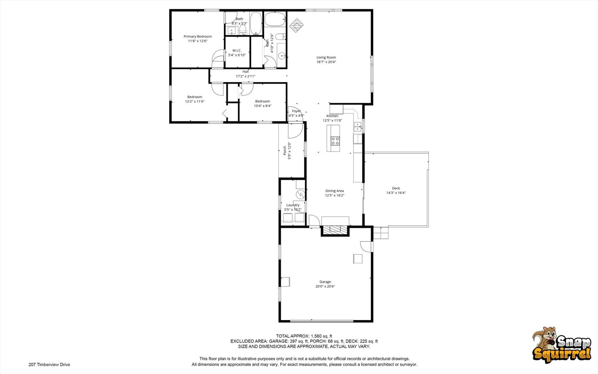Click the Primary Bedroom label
(x=197, y=36)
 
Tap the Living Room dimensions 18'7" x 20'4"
(x=326, y=62)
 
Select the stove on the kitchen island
(x=335, y=141)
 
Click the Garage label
(x=325, y=282)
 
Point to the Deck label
(x=396, y=188)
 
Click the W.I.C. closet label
(x=237, y=51)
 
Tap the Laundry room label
(x=293, y=205)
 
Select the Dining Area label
(x=334, y=191)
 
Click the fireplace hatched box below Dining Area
(x=335, y=229)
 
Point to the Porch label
(x=285, y=150)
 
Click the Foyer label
(x=296, y=111)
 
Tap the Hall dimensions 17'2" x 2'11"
(x=246, y=76)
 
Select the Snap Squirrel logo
(x=562, y=345)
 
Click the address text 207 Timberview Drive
(x=49, y=365)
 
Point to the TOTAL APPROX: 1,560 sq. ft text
(x=304, y=336)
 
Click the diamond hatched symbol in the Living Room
(x=296, y=25)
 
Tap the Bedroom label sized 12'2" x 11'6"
(x=195, y=97)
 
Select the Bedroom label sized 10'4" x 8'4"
(x=263, y=101)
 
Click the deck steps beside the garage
(x=381, y=233)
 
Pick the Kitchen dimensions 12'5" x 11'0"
(x=332, y=121)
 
